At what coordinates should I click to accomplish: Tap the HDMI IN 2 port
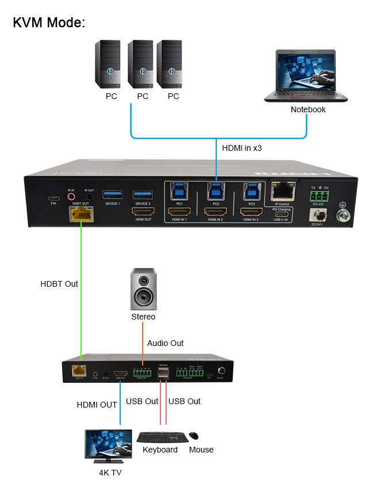click(x=215, y=212)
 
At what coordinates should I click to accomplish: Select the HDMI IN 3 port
click(x=251, y=212)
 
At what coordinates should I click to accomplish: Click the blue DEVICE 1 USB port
click(x=112, y=195)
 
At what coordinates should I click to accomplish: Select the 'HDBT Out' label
click(x=59, y=284)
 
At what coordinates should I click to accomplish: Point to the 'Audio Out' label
click(x=166, y=343)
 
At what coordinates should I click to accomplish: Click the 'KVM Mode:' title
click(x=49, y=23)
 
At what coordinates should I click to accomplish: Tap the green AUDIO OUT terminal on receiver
click(x=141, y=374)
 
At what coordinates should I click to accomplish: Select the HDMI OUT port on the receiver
click(x=121, y=374)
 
